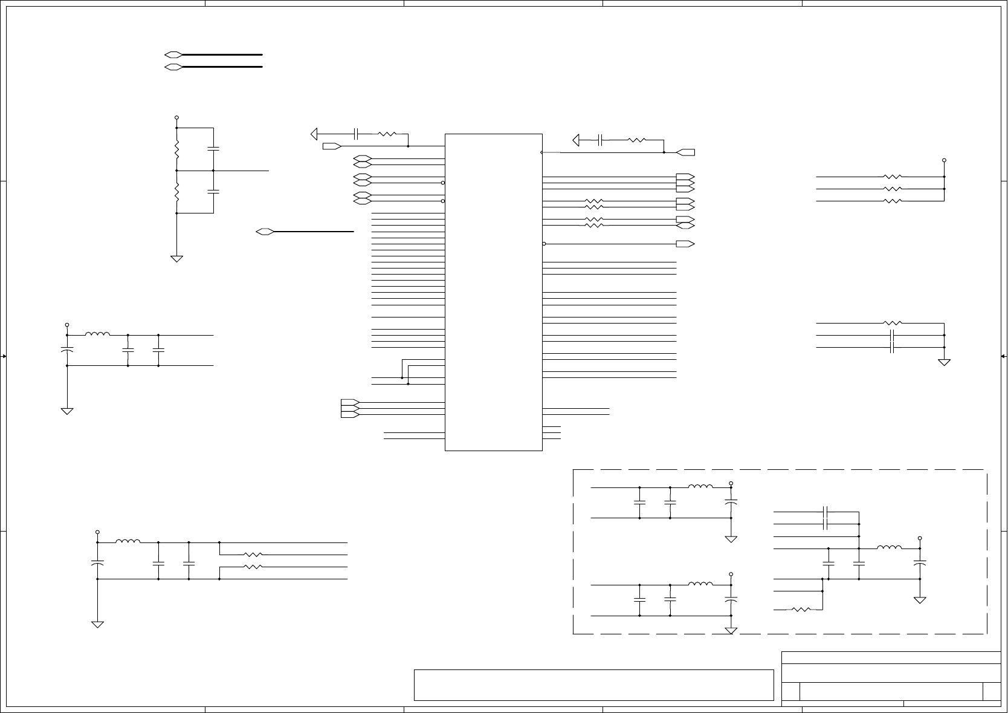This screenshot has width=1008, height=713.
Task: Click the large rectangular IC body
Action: coord(493,291)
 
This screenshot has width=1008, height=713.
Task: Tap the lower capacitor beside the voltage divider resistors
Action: coord(213,192)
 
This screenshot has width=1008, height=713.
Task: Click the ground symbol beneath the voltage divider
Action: coord(177,258)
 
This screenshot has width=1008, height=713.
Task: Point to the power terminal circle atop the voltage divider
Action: coord(176,117)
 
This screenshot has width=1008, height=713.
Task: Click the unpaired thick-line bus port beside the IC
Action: coord(265,231)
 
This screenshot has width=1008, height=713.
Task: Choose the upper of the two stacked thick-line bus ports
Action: coord(173,54)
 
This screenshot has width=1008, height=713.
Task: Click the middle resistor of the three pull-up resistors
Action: coord(893,189)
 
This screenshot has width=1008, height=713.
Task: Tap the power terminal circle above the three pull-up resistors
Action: coord(944,161)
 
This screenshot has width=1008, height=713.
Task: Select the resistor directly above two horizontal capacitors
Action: coord(893,323)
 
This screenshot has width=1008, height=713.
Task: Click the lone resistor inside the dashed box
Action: coord(800,609)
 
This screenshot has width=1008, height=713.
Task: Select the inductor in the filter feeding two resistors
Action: coord(128,542)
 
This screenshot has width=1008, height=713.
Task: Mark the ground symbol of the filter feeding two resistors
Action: coord(97,623)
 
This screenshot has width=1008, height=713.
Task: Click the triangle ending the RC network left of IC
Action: coord(314,134)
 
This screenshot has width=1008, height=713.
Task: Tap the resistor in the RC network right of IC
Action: coord(637,140)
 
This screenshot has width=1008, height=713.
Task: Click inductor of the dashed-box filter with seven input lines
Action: coord(889,548)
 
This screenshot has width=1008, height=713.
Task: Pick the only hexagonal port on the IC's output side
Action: coord(685,226)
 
